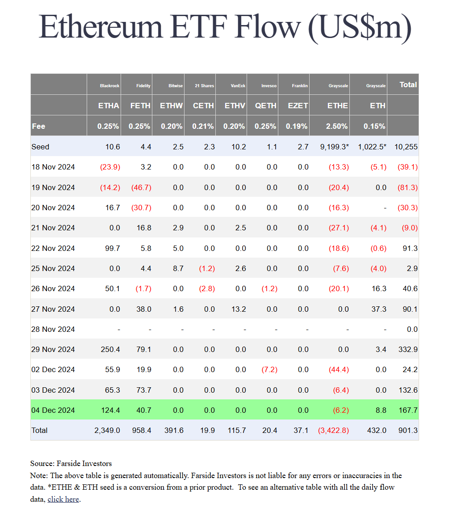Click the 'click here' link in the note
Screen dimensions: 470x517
pyautogui.click(x=63, y=499)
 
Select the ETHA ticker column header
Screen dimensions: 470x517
pyautogui.click(x=109, y=106)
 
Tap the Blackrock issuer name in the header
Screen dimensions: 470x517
pyautogui.click(x=109, y=86)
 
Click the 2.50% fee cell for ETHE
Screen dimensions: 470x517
pyautogui.click(x=336, y=126)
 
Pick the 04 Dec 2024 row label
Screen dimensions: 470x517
pyautogui.click(x=53, y=410)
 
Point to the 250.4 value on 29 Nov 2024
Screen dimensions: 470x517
pyautogui.click(x=110, y=349)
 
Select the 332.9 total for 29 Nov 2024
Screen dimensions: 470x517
pyautogui.click(x=408, y=349)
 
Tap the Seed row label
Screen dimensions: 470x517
pyautogui.click(x=40, y=147)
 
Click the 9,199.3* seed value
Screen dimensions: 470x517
pyautogui.click(x=334, y=147)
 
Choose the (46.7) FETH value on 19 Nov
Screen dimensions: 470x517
pyautogui.click(x=141, y=187)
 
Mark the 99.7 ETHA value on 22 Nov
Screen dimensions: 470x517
pyautogui.click(x=113, y=248)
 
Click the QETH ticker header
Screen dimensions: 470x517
pyautogui.click(x=266, y=106)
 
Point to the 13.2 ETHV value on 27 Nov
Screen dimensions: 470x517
pyautogui.click(x=239, y=309)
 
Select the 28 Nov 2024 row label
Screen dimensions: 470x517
pyautogui.click(x=53, y=330)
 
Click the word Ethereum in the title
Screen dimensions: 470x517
pyautogui.click(x=101, y=27)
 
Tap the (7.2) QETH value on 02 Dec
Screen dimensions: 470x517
pyautogui.click(x=269, y=369)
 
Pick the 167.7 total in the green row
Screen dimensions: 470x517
pyautogui.click(x=408, y=410)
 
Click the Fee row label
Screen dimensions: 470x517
pyautogui.click(x=38, y=126)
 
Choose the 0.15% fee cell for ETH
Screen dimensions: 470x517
pyautogui.click(x=374, y=126)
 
